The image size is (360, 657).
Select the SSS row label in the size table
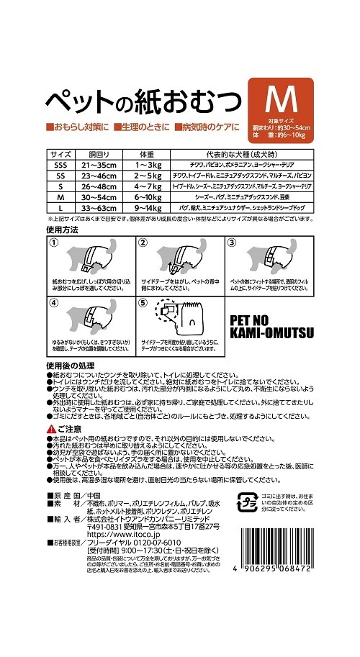[x=60, y=165]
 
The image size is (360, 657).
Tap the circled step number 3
[x=232, y=243]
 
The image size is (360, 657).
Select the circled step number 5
[x=143, y=303]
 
